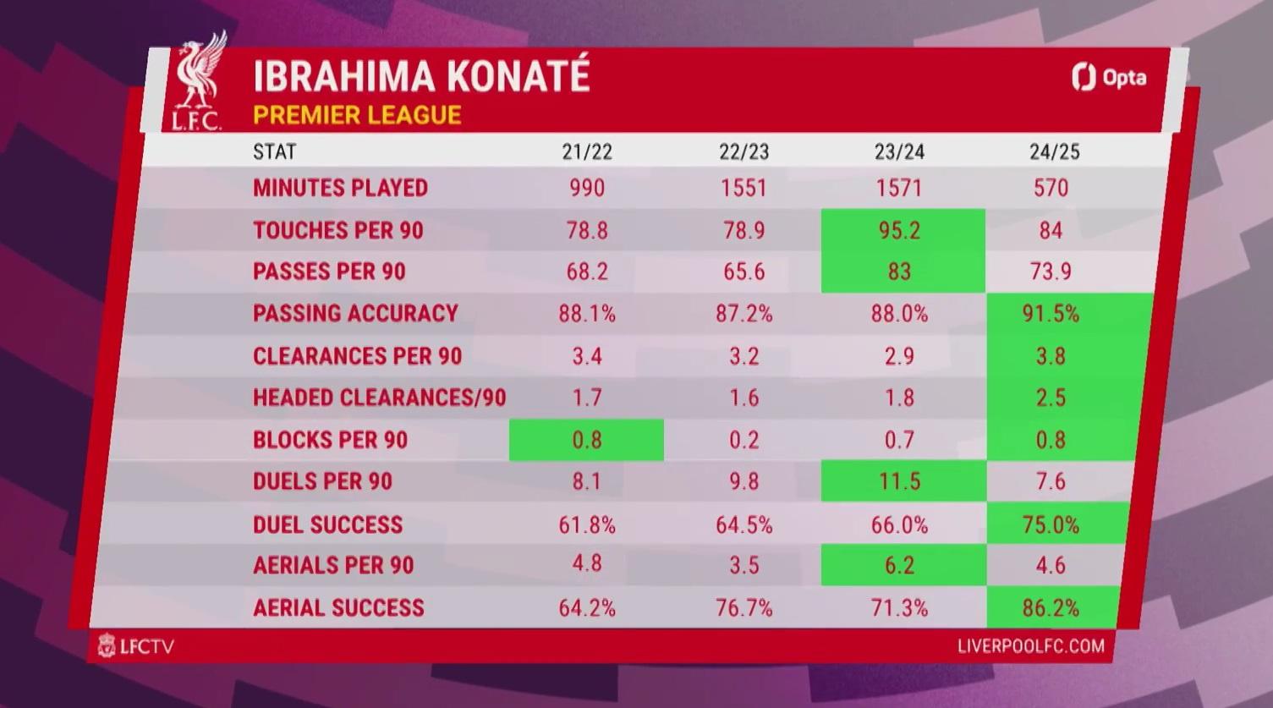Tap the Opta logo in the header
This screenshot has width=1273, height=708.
coord(1109,77)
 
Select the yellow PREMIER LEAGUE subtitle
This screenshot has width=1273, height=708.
coord(357,115)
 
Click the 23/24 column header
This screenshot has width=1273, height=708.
coord(899,151)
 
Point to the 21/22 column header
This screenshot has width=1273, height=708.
coord(587,151)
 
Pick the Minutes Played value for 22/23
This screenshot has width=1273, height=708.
coord(743,188)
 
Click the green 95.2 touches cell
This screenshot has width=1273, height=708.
coord(903,230)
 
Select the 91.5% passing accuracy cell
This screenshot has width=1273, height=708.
coord(1069,314)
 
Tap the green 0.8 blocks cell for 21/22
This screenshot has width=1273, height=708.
coord(586,440)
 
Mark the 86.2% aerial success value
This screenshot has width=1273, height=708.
coord(1051,608)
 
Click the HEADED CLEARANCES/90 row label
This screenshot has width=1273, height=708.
coord(379,398)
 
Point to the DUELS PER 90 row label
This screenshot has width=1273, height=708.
coord(322,481)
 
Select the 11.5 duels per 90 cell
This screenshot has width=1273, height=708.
coord(903,481)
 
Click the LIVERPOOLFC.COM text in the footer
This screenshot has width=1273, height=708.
coord(1031,646)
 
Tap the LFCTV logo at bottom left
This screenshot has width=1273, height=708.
coord(135,646)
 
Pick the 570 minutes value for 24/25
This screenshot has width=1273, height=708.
coord(1051,188)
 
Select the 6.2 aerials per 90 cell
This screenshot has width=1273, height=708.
coord(903,565)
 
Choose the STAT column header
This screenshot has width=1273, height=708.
coord(275,151)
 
